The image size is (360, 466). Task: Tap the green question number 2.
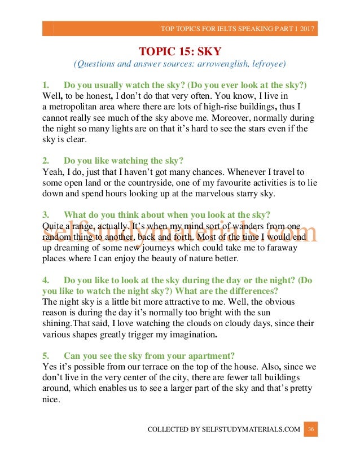[45, 160]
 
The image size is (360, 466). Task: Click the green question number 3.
[45, 214]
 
